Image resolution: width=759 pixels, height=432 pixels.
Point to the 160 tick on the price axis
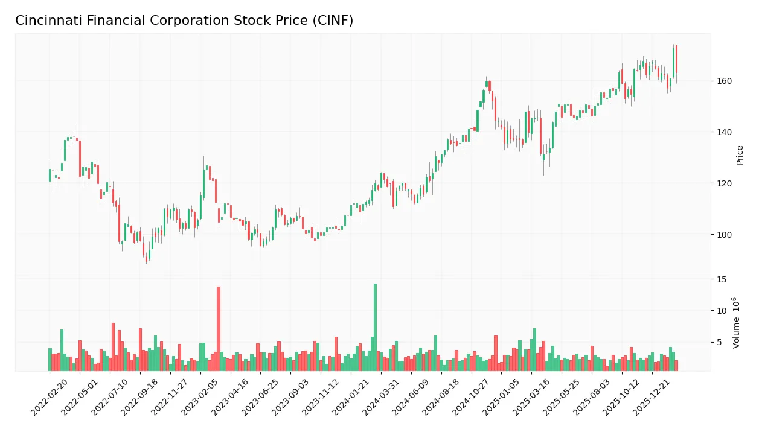pos(725,81)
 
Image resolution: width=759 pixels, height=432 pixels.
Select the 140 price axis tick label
pos(725,132)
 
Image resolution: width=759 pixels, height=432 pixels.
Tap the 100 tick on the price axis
pos(725,235)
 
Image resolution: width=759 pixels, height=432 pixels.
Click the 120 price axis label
pos(725,183)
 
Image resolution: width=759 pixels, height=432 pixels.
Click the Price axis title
pos(740,155)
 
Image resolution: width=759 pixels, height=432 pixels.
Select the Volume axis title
pos(737,323)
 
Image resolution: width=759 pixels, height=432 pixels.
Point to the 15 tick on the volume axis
pos(722,279)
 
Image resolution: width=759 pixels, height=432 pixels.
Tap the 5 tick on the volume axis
pos(720,343)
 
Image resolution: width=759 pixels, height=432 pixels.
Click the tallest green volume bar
pos(375,327)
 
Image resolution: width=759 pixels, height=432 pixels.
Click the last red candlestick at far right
pos(676,59)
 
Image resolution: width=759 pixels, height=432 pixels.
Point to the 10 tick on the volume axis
pos(722,311)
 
